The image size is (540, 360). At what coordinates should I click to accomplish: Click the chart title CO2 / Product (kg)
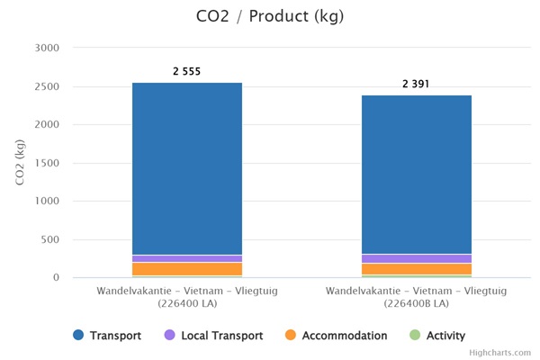pos(270,16)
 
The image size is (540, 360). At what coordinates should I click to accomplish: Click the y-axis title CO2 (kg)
pos(20,162)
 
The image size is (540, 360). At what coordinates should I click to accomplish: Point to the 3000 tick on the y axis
pos(46,48)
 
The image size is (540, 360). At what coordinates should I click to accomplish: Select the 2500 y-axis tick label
pos(46,86)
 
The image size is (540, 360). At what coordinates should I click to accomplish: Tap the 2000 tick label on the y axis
pos(46,125)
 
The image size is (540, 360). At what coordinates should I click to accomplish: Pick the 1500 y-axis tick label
pos(46,163)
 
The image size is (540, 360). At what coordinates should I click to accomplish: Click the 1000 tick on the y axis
pos(46,202)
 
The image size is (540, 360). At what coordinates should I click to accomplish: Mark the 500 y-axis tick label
pos(49,239)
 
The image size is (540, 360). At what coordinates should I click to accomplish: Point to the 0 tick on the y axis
pos(56,278)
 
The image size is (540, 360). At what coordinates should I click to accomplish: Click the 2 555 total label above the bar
pos(187,70)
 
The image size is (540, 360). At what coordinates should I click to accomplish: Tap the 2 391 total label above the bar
pos(417,83)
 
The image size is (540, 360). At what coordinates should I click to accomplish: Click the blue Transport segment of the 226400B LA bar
pos(417,175)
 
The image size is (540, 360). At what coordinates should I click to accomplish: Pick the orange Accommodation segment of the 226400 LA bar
pos(187,268)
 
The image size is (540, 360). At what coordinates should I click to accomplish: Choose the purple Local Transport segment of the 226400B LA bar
pos(417,258)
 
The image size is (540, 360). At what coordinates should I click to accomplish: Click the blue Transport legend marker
pos(78,336)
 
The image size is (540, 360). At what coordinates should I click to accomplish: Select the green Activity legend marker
pos(415,336)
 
